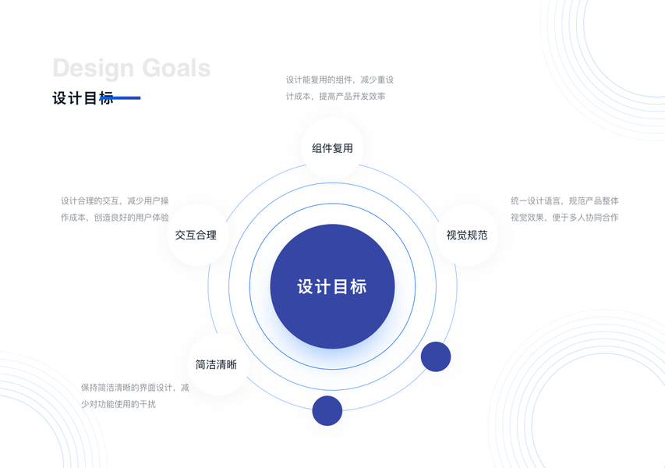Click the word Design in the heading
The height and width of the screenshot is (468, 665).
pyautogui.click(x=93, y=68)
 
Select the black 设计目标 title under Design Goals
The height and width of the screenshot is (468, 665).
pyautogui.click(x=81, y=98)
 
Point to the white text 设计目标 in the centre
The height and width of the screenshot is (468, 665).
pyautogui.click(x=332, y=286)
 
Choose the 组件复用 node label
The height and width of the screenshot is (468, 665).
pyautogui.click(x=332, y=148)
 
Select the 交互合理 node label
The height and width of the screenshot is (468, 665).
pyautogui.click(x=196, y=235)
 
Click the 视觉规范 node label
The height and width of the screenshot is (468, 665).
pyautogui.click(x=467, y=235)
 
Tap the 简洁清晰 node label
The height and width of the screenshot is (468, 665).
pyautogui.click(x=216, y=364)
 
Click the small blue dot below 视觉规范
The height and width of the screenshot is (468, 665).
pyautogui.click(x=436, y=356)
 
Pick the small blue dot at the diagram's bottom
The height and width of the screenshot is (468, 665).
pyautogui.click(x=327, y=411)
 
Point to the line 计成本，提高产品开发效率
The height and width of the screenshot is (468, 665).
pyautogui.click(x=336, y=97)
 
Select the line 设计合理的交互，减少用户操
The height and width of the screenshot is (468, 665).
pyautogui.click(x=115, y=200)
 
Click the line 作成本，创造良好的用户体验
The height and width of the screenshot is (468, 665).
pyautogui.click(x=115, y=218)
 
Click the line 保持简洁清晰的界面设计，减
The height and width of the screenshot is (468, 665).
pyautogui.click(x=135, y=387)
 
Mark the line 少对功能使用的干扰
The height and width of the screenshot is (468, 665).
pyautogui.click(x=118, y=404)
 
